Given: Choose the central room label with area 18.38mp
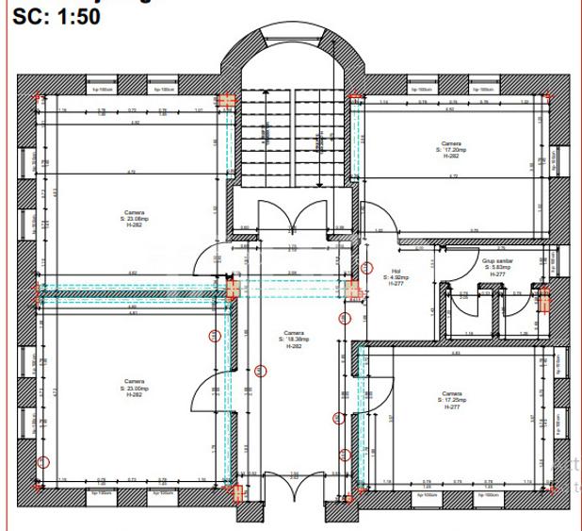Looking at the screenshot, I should pyautogui.click(x=291, y=340).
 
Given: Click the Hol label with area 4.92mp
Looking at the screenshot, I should pyautogui.click(x=396, y=278).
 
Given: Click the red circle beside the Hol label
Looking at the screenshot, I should pyautogui.click(x=345, y=318).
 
